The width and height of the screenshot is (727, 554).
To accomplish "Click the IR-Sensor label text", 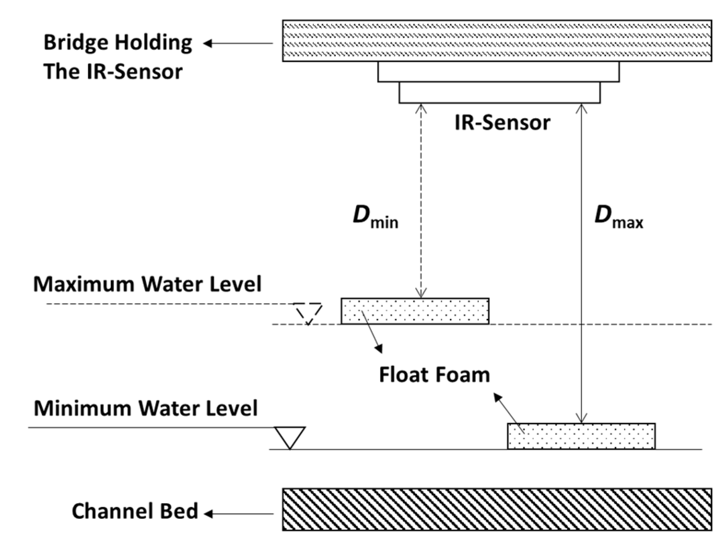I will (x=502, y=123).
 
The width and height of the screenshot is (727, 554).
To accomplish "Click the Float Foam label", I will (x=434, y=375).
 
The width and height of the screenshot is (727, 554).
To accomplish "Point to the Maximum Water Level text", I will (x=147, y=284).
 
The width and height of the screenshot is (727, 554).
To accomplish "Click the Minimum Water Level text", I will (x=145, y=408).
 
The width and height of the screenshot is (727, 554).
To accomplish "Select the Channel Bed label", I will (x=135, y=511).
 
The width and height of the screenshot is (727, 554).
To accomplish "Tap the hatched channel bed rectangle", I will (x=497, y=509).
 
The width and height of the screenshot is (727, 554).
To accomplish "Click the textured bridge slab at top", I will (x=497, y=41).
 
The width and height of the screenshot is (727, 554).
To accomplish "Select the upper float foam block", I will (x=414, y=311).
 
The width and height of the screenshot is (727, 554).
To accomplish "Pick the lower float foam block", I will (x=581, y=436).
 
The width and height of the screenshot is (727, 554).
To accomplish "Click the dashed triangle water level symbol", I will (x=308, y=313).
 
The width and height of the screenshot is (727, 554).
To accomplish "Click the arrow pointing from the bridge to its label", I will (x=238, y=43).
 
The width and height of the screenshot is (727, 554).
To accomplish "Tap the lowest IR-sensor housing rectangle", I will (x=499, y=93).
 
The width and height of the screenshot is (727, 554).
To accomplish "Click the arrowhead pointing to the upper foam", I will (x=379, y=349).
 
